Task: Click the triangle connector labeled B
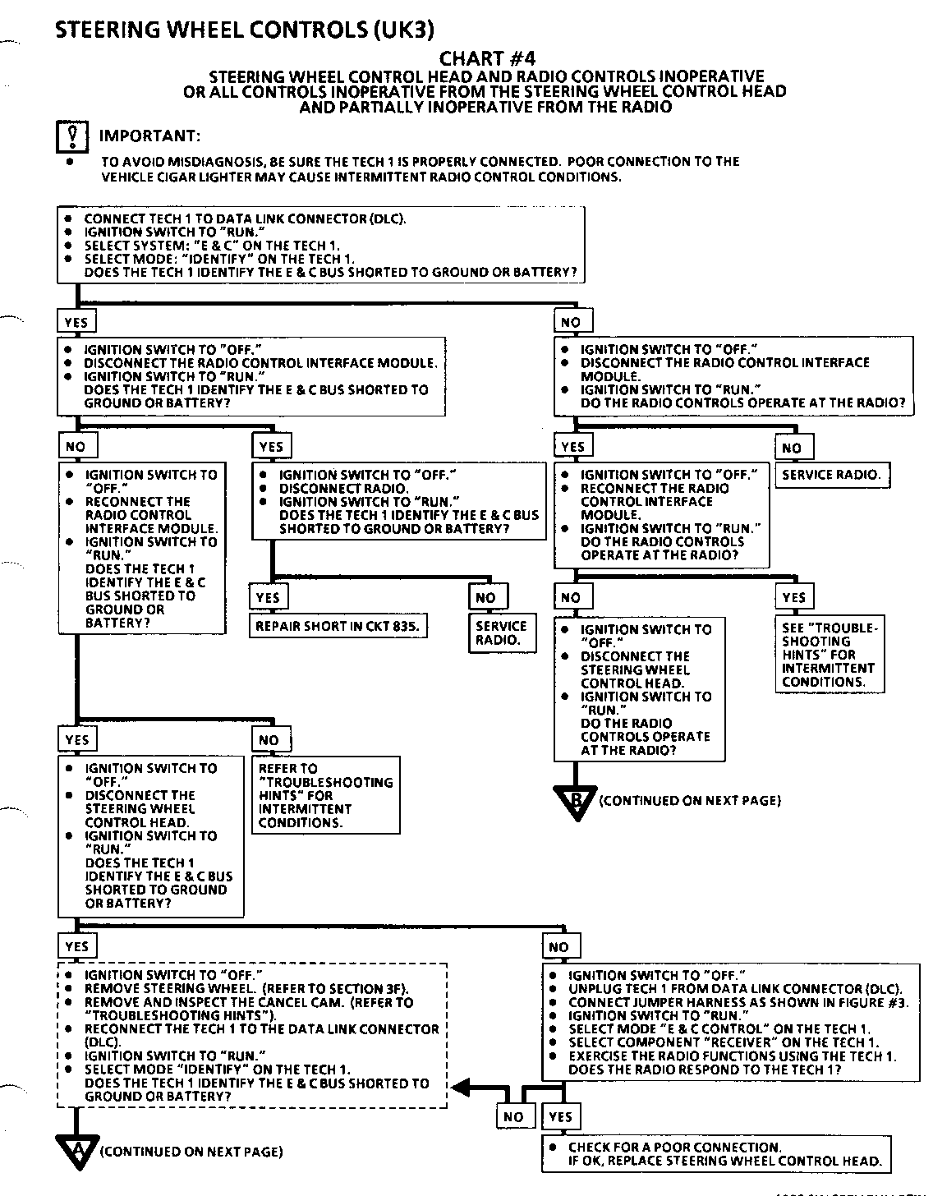click(575, 799)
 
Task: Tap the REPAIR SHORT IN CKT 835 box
click(338, 626)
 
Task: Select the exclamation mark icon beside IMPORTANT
click(72, 136)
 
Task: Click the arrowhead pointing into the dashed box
click(462, 1088)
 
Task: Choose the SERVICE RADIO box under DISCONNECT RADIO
click(501, 632)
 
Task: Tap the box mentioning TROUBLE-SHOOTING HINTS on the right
click(830, 655)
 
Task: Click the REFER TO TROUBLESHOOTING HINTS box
click(326, 795)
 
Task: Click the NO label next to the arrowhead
click(513, 1116)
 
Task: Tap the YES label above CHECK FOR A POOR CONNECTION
click(560, 1116)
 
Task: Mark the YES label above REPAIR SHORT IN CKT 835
click(268, 598)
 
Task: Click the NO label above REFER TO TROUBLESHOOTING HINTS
click(269, 740)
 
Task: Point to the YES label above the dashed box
click(76, 946)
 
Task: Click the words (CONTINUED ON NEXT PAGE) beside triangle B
click(690, 800)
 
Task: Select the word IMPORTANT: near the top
click(149, 136)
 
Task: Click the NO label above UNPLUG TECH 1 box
click(558, 947)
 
